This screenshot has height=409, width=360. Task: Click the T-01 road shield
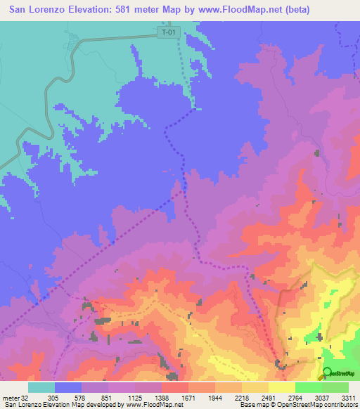[167, 32]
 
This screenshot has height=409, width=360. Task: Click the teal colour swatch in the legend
[41, 387]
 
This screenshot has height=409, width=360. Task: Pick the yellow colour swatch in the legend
[282, 387]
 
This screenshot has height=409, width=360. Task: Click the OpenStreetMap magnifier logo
[326, 373]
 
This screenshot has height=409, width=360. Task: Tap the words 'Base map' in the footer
[252, 404]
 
